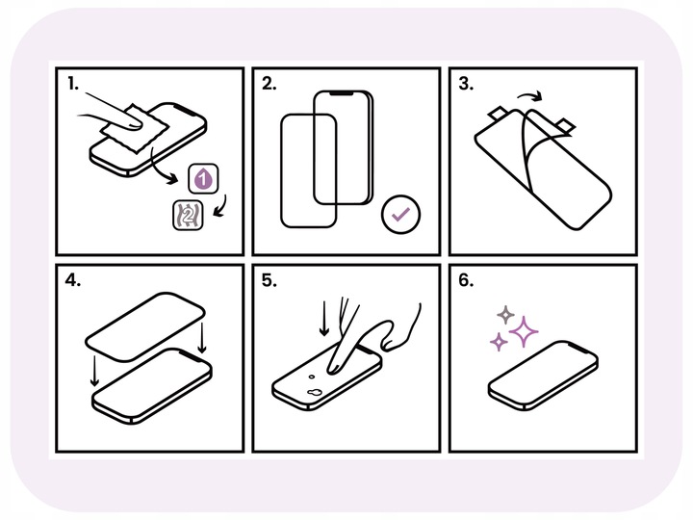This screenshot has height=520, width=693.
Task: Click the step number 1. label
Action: [72, 84]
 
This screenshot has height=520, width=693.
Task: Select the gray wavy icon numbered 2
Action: [184, 218]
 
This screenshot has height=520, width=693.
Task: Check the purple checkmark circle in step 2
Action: [398, 216]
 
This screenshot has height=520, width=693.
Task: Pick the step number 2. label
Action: [270, 84]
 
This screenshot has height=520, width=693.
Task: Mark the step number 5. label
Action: [270, 283]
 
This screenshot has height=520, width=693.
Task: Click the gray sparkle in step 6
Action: [503, 314]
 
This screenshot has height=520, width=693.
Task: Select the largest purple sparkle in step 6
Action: [524, 332]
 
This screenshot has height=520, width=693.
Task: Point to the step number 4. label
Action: [73, 283]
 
